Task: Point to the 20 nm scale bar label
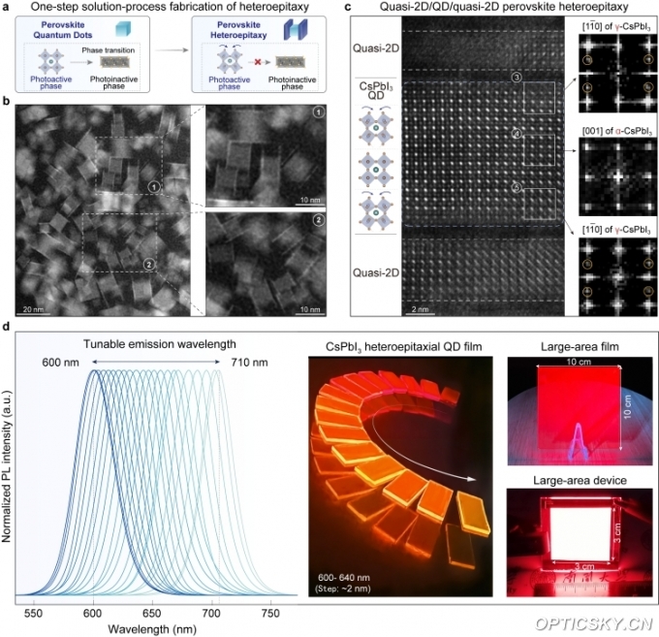[x=32, y=306]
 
